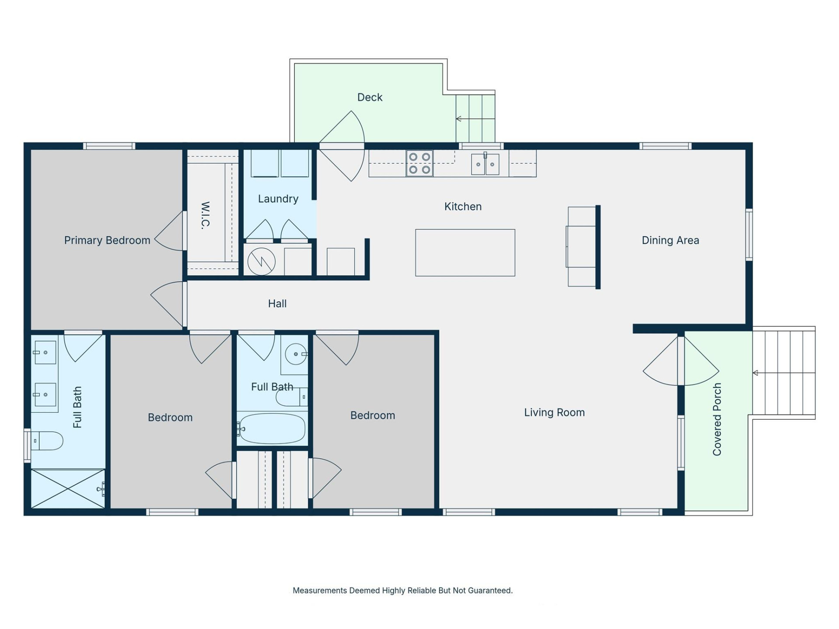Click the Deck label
[370, 97]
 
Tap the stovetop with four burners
[419, 163]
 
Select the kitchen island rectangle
[465, 252]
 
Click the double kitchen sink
[485, 164]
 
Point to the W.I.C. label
[206, 215]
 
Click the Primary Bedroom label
[107, 240]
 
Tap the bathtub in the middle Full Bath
[272, 429]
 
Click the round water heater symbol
[261, 262]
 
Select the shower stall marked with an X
[68, 489]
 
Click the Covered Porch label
[717, 419]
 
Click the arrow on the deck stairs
[459, 119]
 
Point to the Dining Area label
[670, 240]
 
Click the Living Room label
[554, 412]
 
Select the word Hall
[277, 304]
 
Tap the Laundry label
[278, 199]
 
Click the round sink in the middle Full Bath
[296, 354]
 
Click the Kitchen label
[463, 207]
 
